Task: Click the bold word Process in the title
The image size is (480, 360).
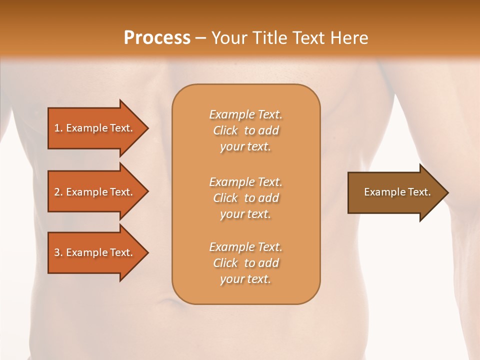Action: [157, 38]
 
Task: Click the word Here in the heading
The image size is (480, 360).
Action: [349, 38]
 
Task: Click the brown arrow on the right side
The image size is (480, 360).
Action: [395, 192]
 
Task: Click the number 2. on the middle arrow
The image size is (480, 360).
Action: [58, 192]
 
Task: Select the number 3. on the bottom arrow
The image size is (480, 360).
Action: [58, 252]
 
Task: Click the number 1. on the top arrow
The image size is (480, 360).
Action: [58, 128]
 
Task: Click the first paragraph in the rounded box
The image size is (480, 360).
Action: [245, 130]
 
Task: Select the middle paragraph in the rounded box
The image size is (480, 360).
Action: [245, 198]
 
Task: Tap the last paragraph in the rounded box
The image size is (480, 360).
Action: [245, 263]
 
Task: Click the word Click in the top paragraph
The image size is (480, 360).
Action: [225, 131]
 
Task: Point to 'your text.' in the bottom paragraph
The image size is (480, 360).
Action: [245, 279]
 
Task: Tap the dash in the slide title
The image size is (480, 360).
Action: [201, 38]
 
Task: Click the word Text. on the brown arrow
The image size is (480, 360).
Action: [419, 192]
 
